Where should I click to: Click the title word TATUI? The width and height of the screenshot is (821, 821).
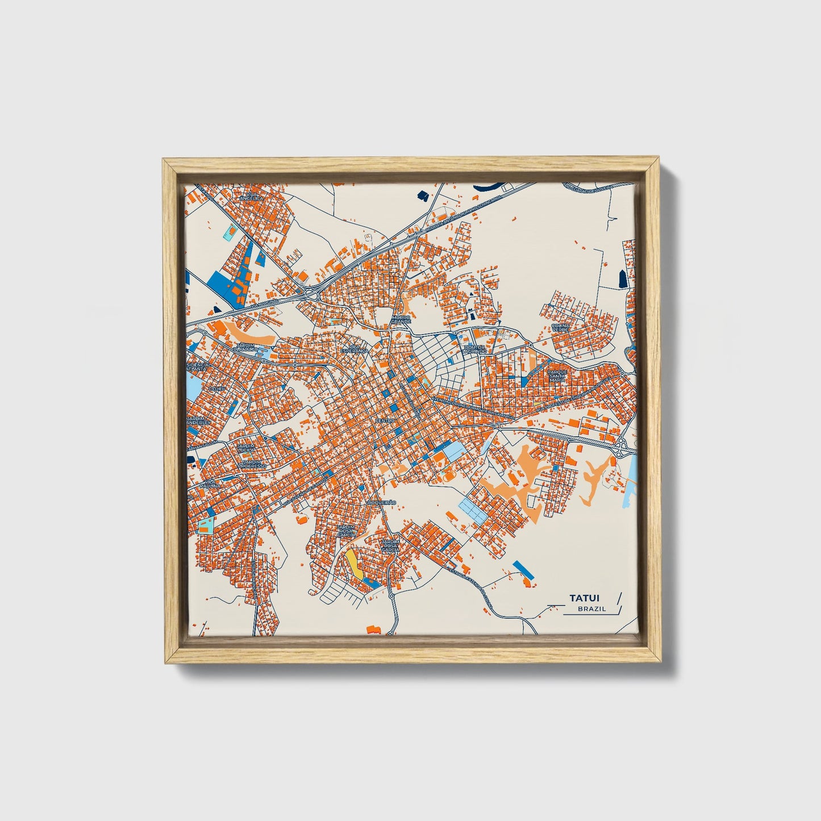585,598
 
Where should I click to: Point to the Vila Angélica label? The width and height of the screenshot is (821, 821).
250,196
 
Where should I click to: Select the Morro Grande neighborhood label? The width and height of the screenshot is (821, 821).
401,319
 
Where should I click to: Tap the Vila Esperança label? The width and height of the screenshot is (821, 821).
355,349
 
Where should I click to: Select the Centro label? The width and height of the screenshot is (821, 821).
385,420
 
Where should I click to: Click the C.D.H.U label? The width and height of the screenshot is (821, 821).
216,389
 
